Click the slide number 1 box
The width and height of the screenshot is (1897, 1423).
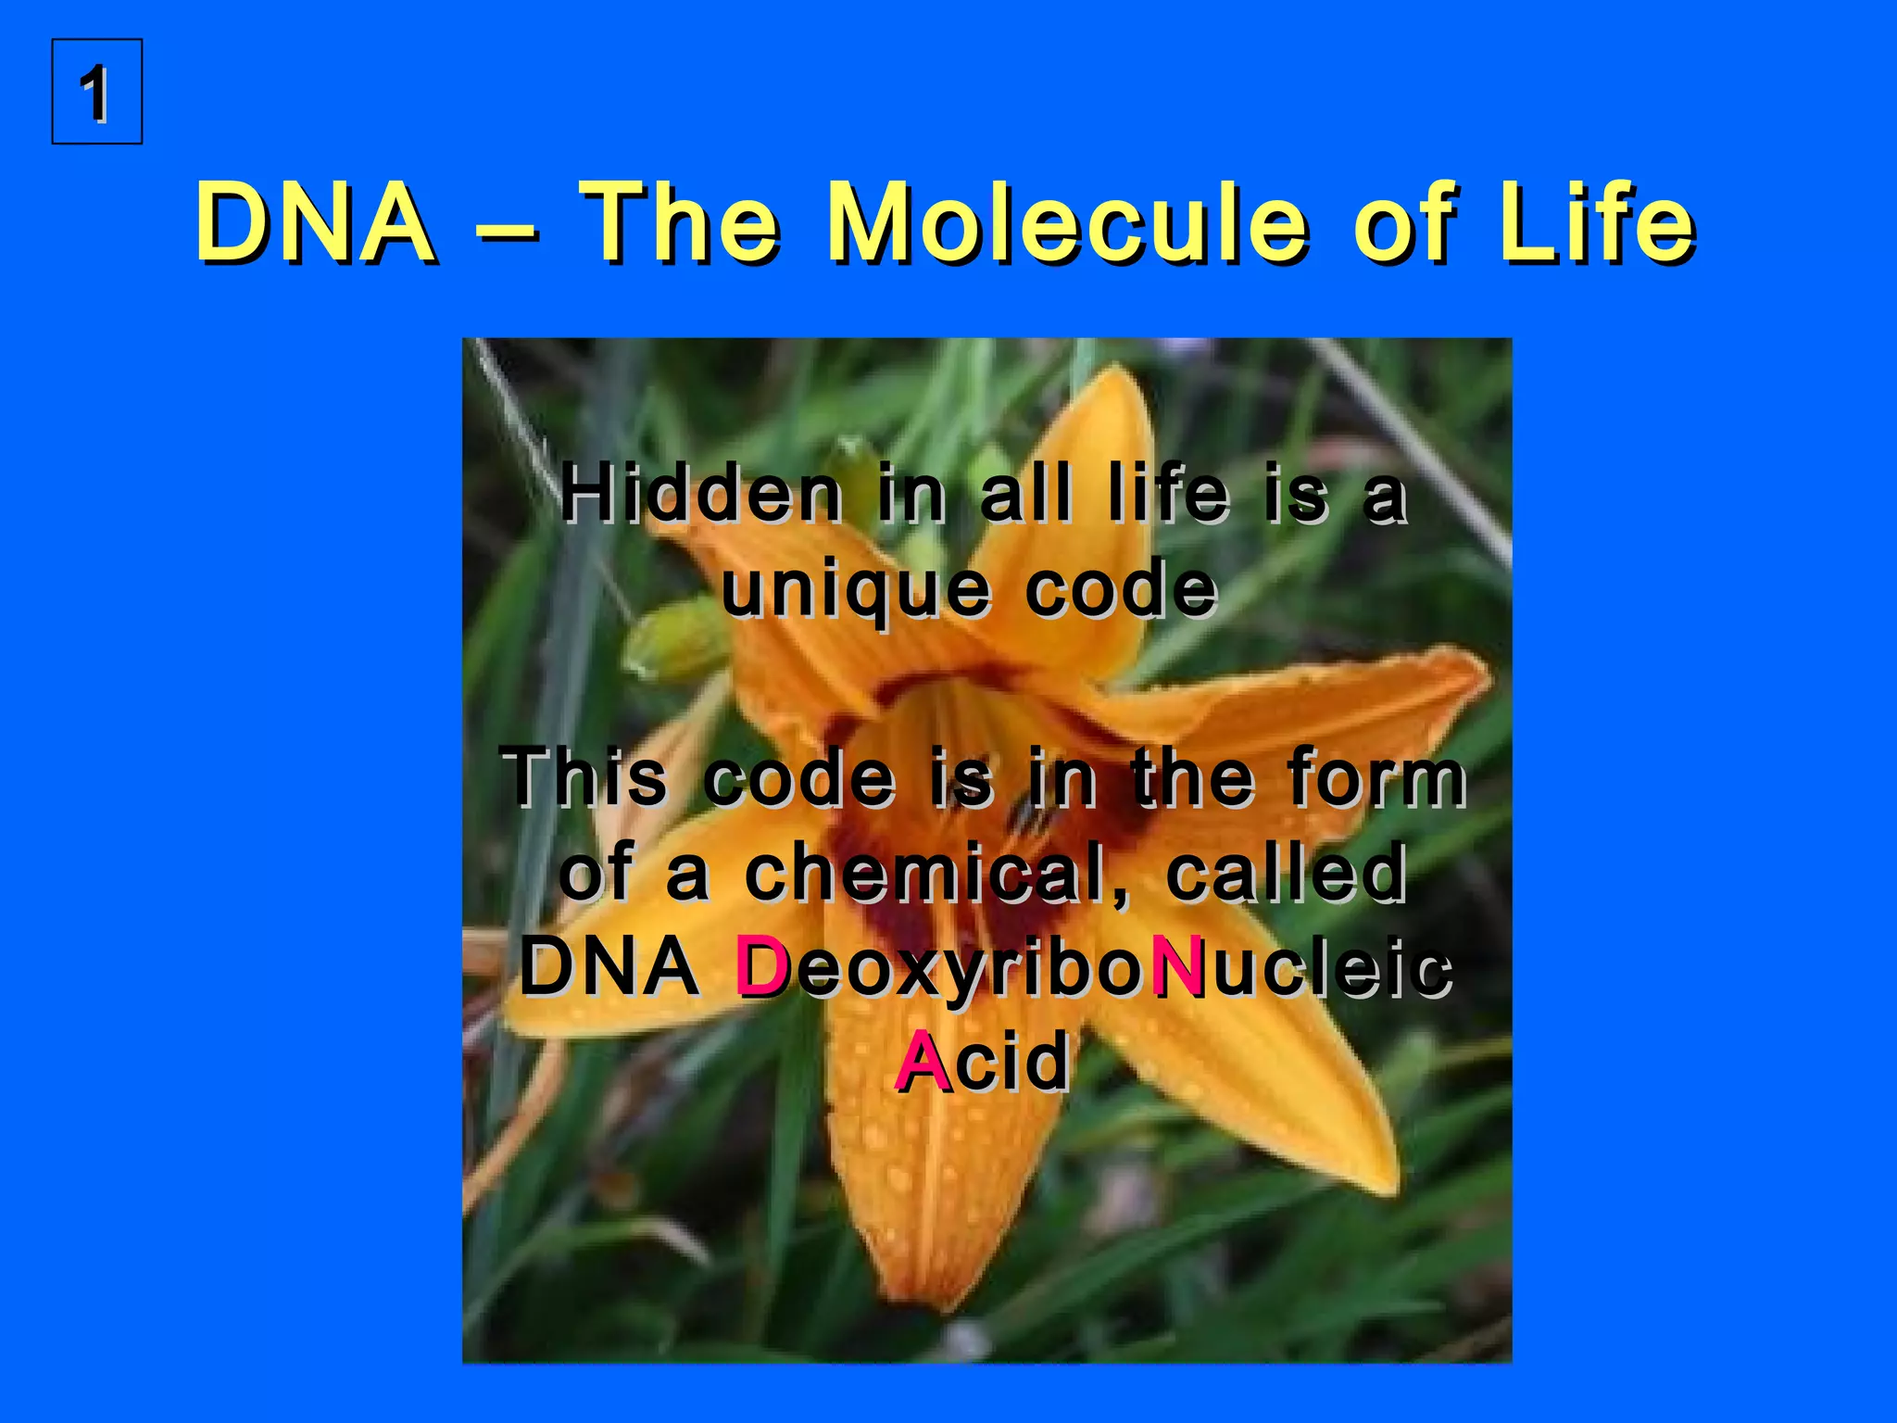[x=96, y=92]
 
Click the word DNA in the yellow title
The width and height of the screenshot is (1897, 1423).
[x=315, y=223]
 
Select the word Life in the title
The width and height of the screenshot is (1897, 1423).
[x=1597, y=223]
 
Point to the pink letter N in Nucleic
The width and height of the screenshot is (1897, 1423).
[x=1177, y=968]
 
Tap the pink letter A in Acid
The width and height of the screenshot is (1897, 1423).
[x=923, y=1063]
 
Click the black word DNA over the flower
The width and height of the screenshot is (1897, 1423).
[x=609, y=968]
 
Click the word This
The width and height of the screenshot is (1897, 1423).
[x=584, y=778]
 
